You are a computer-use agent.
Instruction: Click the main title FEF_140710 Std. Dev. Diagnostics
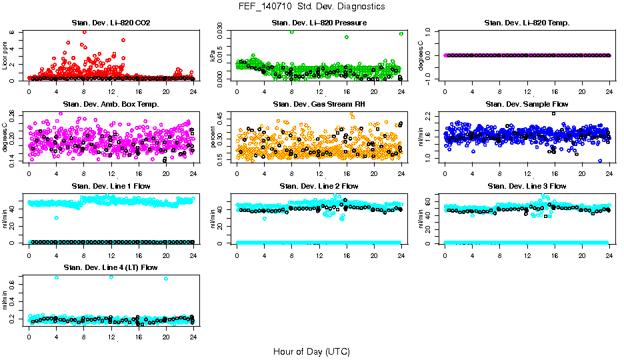[311, 7]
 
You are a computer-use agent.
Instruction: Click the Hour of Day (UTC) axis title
[311, 351]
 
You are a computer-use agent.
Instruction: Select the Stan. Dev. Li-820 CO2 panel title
[111, 23]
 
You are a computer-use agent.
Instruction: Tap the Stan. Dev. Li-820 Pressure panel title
[319, 23]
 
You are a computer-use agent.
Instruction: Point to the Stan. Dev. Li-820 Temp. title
[527, 23]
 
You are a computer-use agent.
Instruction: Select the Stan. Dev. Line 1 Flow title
[111, 186]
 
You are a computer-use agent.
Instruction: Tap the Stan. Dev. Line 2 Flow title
[319, 186]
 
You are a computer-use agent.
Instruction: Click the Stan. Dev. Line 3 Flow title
[527, 186]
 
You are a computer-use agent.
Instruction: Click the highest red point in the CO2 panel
[84, 31]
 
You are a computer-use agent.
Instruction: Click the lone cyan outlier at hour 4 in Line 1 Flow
[57, 217]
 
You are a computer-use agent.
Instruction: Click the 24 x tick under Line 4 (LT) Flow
[193, 337]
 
